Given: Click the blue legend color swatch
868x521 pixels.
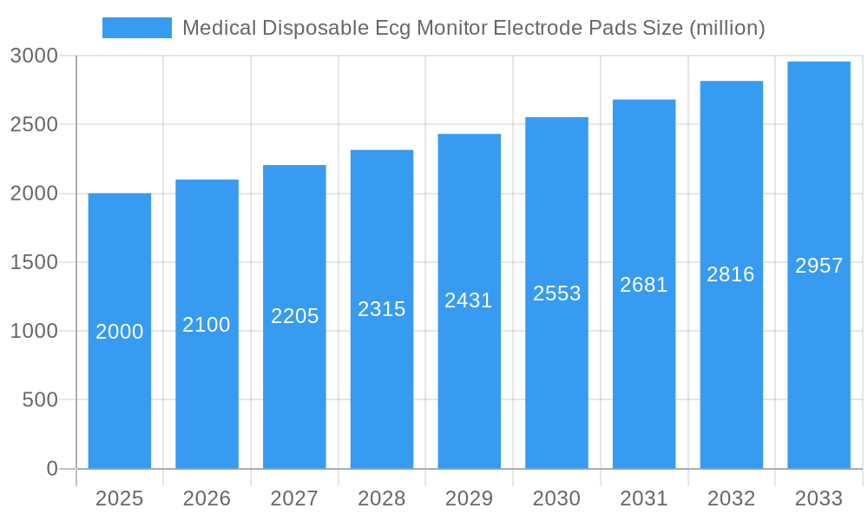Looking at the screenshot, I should (x=136, y=28).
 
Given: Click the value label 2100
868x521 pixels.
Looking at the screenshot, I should (x=207, y=325).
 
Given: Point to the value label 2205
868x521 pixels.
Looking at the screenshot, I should (x=294, y=316).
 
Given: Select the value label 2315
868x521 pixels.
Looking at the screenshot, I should (x=382, y=309).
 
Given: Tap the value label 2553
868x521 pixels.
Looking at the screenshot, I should (x=556, y=293).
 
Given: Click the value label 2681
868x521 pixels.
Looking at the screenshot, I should (x=644, y=285).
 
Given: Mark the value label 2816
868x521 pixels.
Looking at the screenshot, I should (x=731, y=274).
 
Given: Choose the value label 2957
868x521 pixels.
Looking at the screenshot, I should (x=819, y=266).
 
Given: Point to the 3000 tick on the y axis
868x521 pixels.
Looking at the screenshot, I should (x=34, y=56).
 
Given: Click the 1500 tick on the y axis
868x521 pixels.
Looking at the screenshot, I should (x=34, y=262).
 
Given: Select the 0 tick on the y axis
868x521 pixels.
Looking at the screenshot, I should (x=51, y=469).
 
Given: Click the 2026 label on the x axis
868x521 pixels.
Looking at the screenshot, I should (x=207, y=498).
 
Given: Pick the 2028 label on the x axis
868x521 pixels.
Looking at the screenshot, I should (x=382, y=498).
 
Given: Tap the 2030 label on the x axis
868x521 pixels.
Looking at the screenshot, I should (x=556, y=498).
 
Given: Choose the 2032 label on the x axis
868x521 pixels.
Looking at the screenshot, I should (x=731, y=498).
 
